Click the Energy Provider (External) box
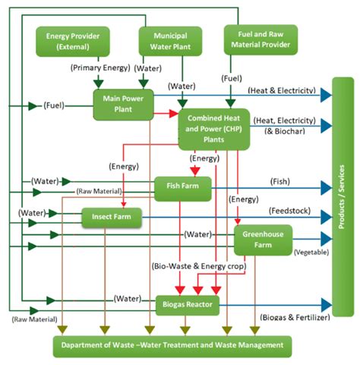pos(73,42)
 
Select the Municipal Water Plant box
pos(170,41)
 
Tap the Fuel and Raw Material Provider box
pos(261,40)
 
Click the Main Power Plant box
pos(123,104)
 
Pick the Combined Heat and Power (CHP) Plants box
pos(214,129)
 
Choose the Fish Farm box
pos(183,189)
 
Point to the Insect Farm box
pos(112,217)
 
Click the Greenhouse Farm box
pos(263,240)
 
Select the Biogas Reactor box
pos(188,305)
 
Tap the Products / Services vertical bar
pos(343,197)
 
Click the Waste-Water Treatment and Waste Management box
pos(172,347)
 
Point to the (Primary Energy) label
pos(100,68)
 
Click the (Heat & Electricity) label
pos(282,90)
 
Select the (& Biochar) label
pos(285,131)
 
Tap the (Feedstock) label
pos(289,211)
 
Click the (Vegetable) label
pos(311,252)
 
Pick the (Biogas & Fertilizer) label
pos(295,317)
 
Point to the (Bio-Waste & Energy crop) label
pos(199,266)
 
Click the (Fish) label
pos(280,182)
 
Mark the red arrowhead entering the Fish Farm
pos(195,172)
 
